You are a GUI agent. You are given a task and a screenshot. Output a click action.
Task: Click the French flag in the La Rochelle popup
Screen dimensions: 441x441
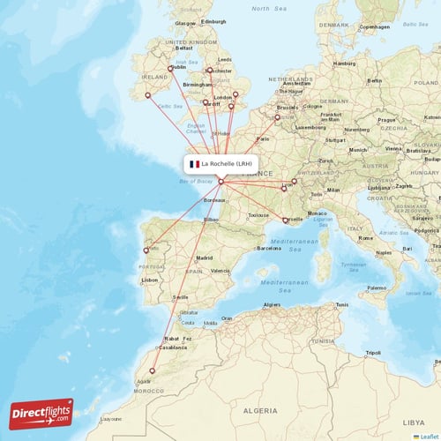(x=193, y=163)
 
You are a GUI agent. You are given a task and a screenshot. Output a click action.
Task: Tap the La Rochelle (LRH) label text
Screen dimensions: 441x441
(x=227, y=163)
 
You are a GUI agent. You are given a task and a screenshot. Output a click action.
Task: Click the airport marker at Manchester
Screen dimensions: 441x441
(x=209, y=70)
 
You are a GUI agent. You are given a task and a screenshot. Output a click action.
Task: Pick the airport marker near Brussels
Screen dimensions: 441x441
(x=277, y=116)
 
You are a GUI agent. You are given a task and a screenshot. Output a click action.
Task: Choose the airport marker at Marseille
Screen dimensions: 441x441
(x=284, y=220)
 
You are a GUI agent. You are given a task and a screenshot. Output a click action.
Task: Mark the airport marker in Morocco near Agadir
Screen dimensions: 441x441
(x=153, y=370)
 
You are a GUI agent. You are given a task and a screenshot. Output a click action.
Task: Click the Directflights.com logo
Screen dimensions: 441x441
(x=41, y=414)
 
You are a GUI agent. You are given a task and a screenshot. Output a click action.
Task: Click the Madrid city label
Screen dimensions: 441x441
(x=204, y=258)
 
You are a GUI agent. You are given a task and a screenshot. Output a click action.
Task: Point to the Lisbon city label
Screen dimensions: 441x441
(x=149, y=280)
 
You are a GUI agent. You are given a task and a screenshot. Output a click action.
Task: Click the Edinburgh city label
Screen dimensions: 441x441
(x=213, y=21)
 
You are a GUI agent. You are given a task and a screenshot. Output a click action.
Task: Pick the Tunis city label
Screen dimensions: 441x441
(x=341, y=305)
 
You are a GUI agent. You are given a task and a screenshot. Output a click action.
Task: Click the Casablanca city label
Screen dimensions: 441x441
(x=172, y=347)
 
